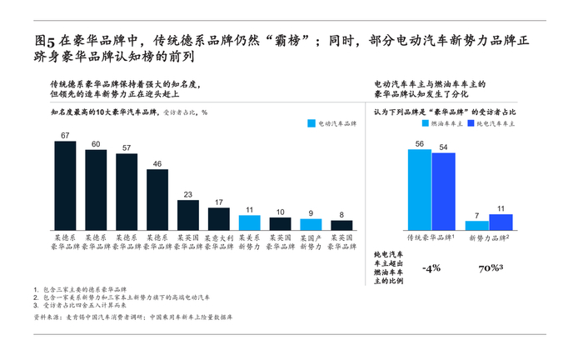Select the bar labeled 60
(96, 190)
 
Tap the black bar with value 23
(188, 214)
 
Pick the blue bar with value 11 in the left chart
(250, 222)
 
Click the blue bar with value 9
(311, 224)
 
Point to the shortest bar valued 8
(341, 225)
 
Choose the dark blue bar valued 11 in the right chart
(501, 222)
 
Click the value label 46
(157, 164)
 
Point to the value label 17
(219, 202)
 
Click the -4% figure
(431, 268)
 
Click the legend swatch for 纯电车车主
(471, 123)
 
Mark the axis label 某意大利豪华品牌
(219, 242)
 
